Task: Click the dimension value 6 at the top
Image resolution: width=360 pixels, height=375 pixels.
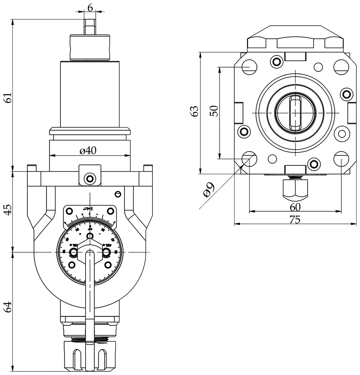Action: [90, 8]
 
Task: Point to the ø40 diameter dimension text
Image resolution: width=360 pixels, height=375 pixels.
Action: [88, 151]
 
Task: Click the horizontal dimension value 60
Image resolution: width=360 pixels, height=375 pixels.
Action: [295, 207]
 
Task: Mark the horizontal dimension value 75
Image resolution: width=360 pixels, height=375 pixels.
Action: [295, 220]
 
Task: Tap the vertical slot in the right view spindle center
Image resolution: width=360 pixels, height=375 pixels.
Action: [296, 113]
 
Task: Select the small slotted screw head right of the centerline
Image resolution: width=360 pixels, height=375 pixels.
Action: [117, 194]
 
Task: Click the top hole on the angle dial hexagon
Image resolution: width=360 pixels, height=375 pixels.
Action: [90, 236]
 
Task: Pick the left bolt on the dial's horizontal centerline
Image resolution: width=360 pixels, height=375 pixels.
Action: [74, 253]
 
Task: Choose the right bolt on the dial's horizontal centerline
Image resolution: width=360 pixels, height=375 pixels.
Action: [106, 253]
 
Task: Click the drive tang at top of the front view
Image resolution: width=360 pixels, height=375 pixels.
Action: [90, 26]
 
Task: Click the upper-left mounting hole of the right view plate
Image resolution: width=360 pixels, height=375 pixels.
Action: [249, 66]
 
